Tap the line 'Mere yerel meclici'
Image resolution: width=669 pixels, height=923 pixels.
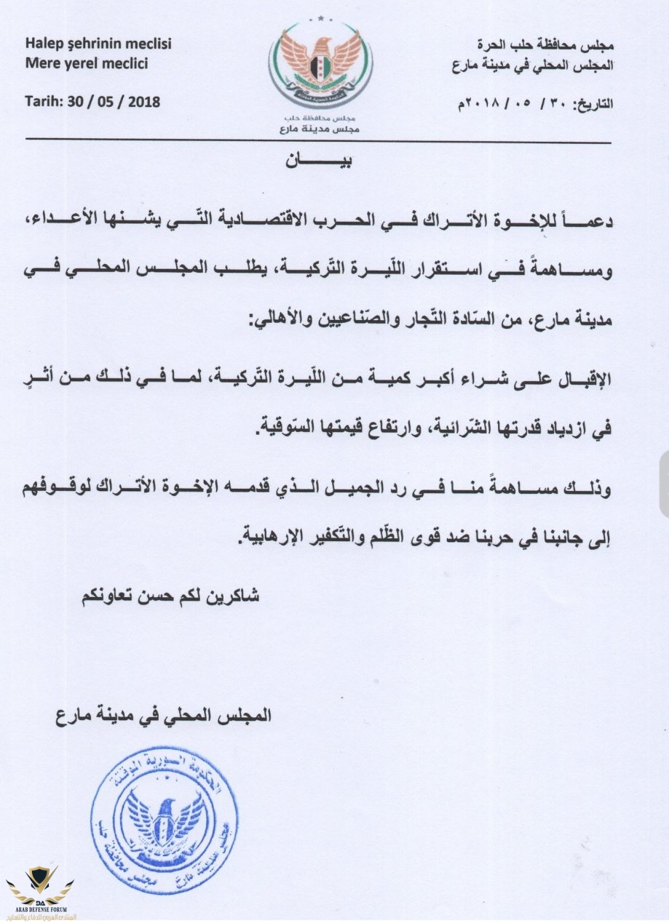point(86,63)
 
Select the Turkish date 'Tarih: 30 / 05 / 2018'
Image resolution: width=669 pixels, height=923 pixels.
point(92,100)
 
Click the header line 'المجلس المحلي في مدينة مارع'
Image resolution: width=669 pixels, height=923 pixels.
point(531,65)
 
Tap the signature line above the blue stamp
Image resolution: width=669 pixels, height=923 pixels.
point(162,715)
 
